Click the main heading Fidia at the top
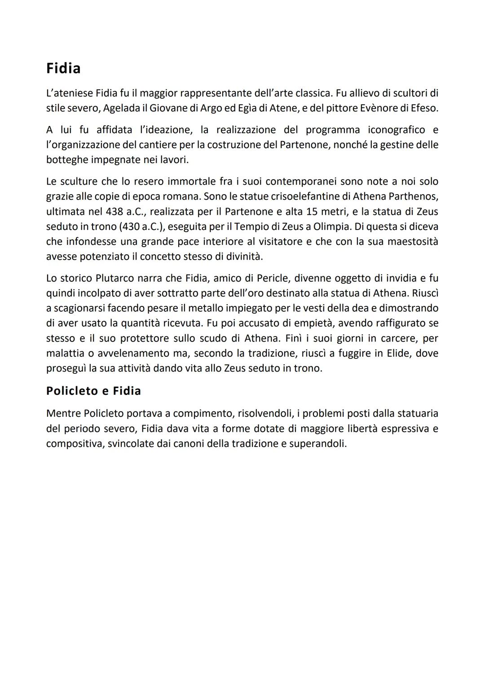(x=63, y=68)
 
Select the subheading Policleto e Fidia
(x=93, y=391)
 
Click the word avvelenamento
(x=130, y=353)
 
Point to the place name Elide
(x=397, y=353)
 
